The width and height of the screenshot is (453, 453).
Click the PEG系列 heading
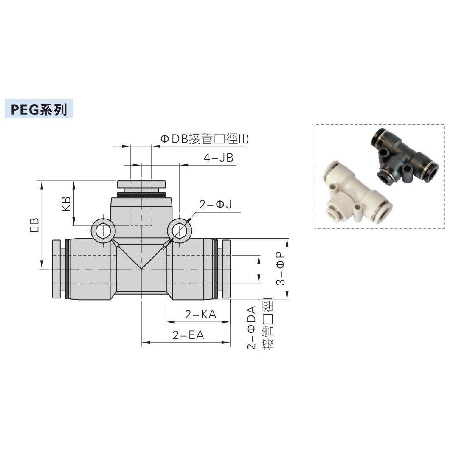coord(39,110)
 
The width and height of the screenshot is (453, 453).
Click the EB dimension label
coord(35,225)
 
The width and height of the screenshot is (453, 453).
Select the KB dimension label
coord(66,204)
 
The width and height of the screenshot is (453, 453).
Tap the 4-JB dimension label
coord(218,158)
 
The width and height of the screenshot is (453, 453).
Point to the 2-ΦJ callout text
coord(215,205)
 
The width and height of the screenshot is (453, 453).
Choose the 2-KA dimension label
coord(200,315)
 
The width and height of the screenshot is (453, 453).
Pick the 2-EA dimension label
coord(188,335)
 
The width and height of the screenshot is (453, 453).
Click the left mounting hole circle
coord(103,231)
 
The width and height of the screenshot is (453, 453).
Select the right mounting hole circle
coord(179,231)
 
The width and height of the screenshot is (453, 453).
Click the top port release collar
coord(141,184)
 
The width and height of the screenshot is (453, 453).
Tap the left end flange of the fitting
coord(56,269)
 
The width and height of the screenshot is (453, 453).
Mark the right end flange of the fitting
coord(226,269)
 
